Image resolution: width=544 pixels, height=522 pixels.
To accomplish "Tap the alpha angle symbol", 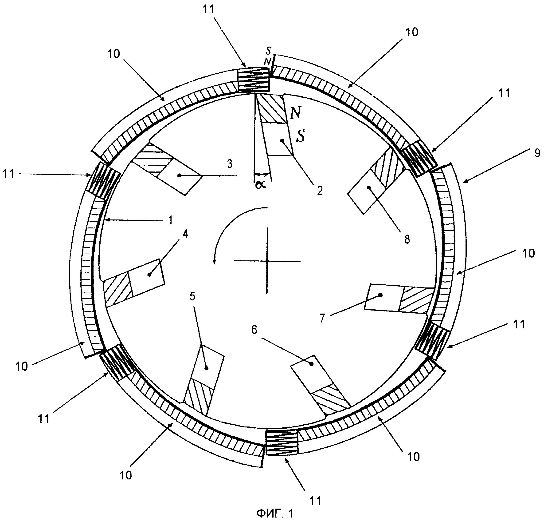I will pos(261,184).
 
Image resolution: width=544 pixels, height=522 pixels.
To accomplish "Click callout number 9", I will pos(538,153).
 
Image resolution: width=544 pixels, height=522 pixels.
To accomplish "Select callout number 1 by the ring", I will pos(170,220).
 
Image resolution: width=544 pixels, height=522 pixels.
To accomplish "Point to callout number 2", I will pos(320,191).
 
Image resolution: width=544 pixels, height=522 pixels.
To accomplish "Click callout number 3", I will pos(230,164).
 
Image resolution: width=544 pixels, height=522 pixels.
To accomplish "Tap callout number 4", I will pos(185,234).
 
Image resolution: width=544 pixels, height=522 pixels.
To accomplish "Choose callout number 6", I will pos(254,330).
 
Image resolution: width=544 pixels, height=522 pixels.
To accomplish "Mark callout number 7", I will pos(322,318).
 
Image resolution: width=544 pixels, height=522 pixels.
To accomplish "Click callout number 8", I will pos(407,239).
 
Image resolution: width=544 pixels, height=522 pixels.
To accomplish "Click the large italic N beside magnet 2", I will pos(296,113).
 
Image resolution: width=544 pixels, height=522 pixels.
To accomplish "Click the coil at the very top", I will pos(254,80).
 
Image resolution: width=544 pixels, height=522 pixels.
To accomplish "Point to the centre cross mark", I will pos(267,261).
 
